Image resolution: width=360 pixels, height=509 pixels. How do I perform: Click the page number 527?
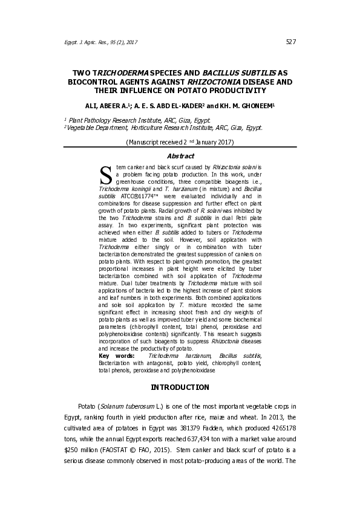coord(290,42)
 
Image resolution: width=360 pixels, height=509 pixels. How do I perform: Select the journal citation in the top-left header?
coord(101,42)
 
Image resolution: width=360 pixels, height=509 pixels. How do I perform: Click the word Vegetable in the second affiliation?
coord(84,128)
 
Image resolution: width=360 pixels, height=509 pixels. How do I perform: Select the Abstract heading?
coord(180,156)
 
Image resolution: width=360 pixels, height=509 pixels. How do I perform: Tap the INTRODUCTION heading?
coord(180,387)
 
